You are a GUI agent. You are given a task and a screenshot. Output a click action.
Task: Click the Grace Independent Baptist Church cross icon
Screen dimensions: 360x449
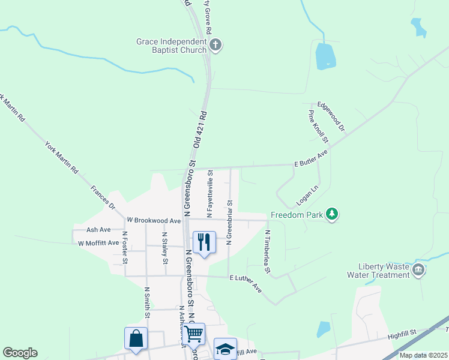[x=216, y=44]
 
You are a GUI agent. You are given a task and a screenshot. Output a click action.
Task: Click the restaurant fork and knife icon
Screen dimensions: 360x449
[x=204, y=242]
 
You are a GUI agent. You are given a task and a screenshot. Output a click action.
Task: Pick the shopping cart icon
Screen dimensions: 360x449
[x=194, y=333]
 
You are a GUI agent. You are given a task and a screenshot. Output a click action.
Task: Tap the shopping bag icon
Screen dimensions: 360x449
[x=136, y=338]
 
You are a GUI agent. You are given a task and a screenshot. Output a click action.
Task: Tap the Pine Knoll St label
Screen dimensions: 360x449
[x=318, y=127]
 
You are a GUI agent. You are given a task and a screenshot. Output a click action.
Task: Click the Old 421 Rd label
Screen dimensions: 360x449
[x=199, y=128]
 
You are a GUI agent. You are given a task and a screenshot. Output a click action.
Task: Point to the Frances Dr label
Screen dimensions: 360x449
[x=103, y=197]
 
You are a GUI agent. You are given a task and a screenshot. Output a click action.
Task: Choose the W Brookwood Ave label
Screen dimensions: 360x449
[x=154, y=221]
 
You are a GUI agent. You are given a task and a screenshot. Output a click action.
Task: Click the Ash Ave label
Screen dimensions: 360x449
[x=98, y=230]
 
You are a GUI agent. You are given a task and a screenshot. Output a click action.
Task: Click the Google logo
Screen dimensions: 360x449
[x=20, y=353]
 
